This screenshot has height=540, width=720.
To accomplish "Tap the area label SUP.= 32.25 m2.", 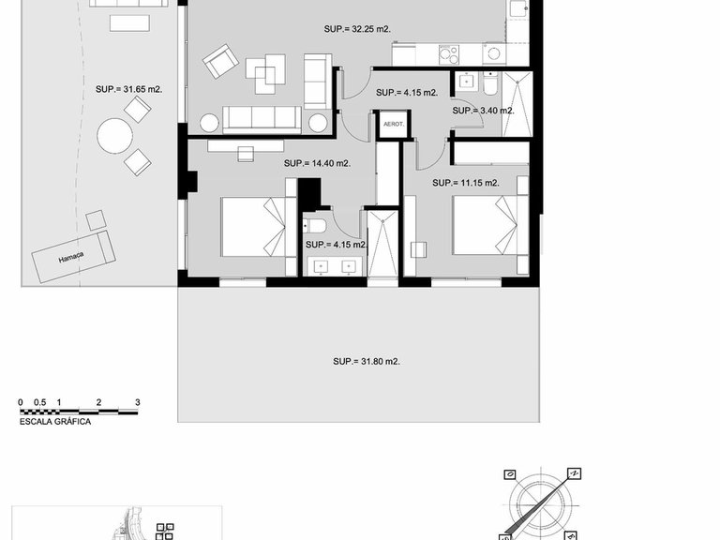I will (359, 29).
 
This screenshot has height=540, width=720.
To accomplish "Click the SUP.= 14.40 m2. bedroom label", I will (317, 163).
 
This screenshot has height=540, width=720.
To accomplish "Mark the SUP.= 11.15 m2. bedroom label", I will (465, 183).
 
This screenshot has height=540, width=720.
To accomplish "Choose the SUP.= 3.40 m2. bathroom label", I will (483, 111).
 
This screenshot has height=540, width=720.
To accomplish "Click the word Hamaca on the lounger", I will (71, 260).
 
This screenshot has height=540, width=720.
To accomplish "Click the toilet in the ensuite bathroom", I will (315, 226).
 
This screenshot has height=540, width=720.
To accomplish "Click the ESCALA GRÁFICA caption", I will (55, 423).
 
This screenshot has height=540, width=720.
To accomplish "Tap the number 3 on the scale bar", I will (137, 402).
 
